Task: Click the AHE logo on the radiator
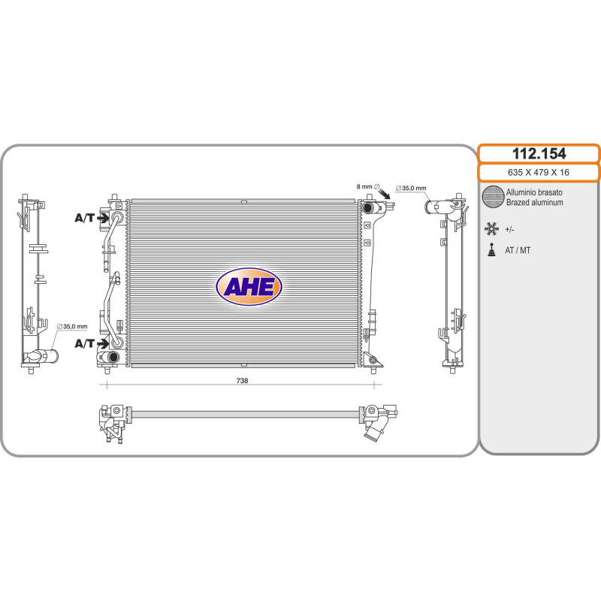pyautogui.click(x=249, y=286)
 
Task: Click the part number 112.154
pyautogui.click(x=539, y=154)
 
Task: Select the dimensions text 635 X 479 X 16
pyautogui.click(x=539, y=173)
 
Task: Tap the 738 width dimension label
pyautogui.click(x=242, y=381)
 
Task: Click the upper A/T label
pyautogui.click(x=84, y=218)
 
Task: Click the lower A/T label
pyautogui.click(x=84, y=343)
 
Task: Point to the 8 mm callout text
pyautogui.click(x=364, y=186)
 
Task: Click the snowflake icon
pyautogui.click(x=491, y=229)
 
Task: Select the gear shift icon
pyautogui.click(x=491, y=250)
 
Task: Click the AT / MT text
pyautogui.click(x=518, y=250)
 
